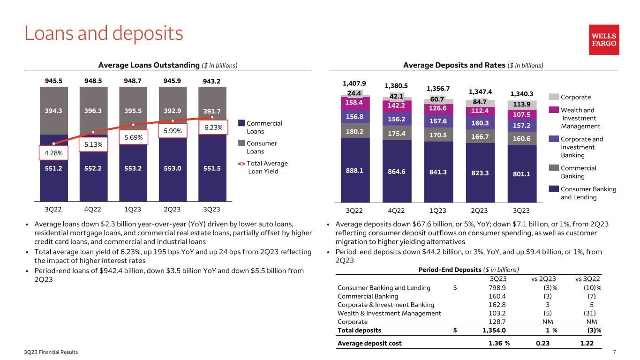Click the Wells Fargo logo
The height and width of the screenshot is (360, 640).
click(604, 40)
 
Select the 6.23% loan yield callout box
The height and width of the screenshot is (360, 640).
click(213, 127)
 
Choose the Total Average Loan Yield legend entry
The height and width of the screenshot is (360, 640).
click(267, 167)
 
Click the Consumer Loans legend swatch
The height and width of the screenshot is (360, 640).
click(241, 143)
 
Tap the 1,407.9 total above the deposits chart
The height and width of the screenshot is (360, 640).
click(354, 84)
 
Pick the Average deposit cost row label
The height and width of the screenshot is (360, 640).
click(369, 343)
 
